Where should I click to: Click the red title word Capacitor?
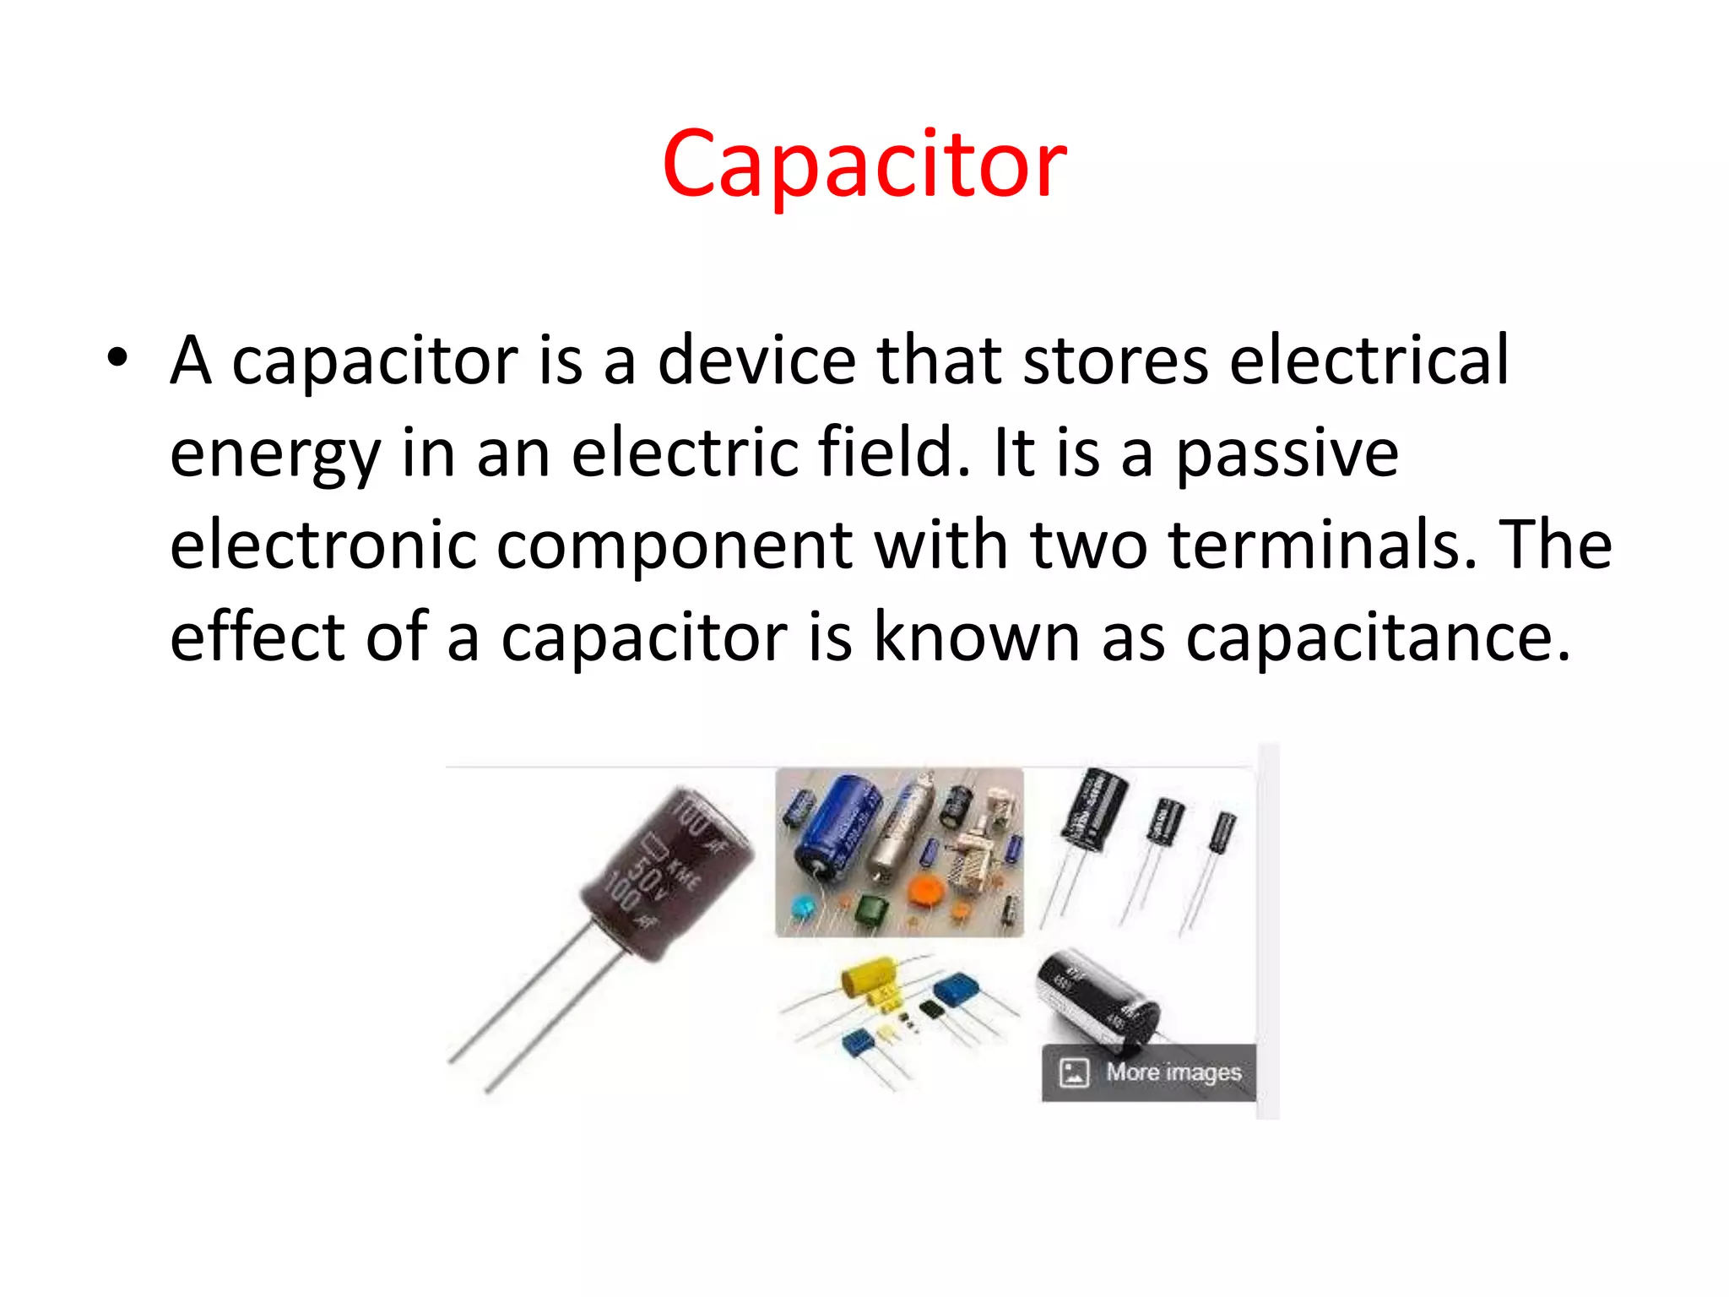tap(864, 164)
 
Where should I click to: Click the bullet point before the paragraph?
tap(118, 358)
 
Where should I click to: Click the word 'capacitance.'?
tap(1378, 638)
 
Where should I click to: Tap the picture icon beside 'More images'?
tap(1074, 1072)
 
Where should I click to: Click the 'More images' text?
tap(1173, 1072)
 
